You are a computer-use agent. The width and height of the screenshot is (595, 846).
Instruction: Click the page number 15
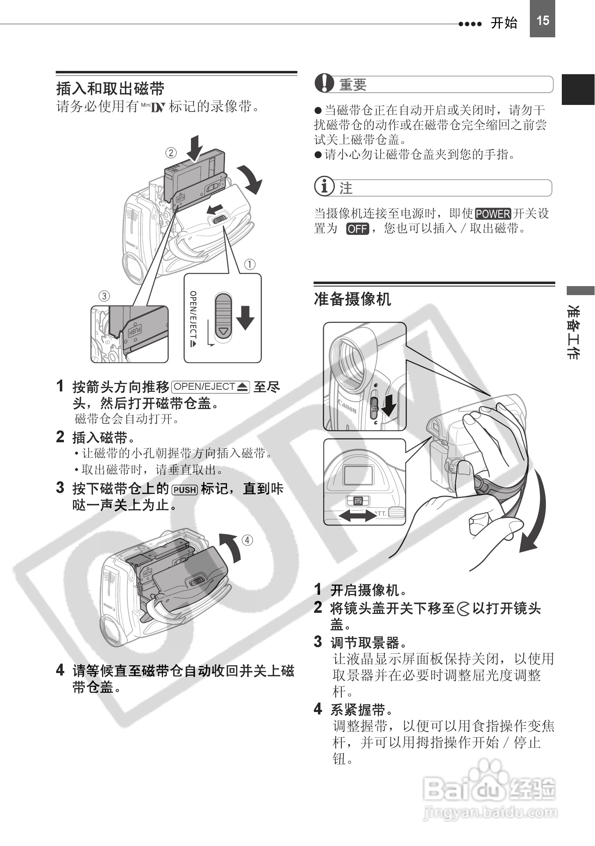coord(542,20)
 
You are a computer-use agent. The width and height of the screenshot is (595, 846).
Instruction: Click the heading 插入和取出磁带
coord(110,89)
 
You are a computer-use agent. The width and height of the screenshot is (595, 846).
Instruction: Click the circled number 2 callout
coord(171,153)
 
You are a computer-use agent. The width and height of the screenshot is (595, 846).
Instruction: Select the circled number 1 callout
coord(250,264)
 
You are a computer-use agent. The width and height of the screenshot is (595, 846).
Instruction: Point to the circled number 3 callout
coord(104,296)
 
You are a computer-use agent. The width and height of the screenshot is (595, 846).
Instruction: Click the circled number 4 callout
coord(247,540)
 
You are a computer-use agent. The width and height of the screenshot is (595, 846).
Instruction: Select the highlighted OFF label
coord(357,229)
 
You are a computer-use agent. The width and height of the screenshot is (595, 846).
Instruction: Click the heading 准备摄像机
coord(352,299)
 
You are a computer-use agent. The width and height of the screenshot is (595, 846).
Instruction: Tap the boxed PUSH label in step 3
coord(185,490)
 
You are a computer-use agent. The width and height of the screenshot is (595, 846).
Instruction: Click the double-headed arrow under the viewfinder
coord(358,516)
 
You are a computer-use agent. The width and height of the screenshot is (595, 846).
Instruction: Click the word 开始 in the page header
coord(504,23)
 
